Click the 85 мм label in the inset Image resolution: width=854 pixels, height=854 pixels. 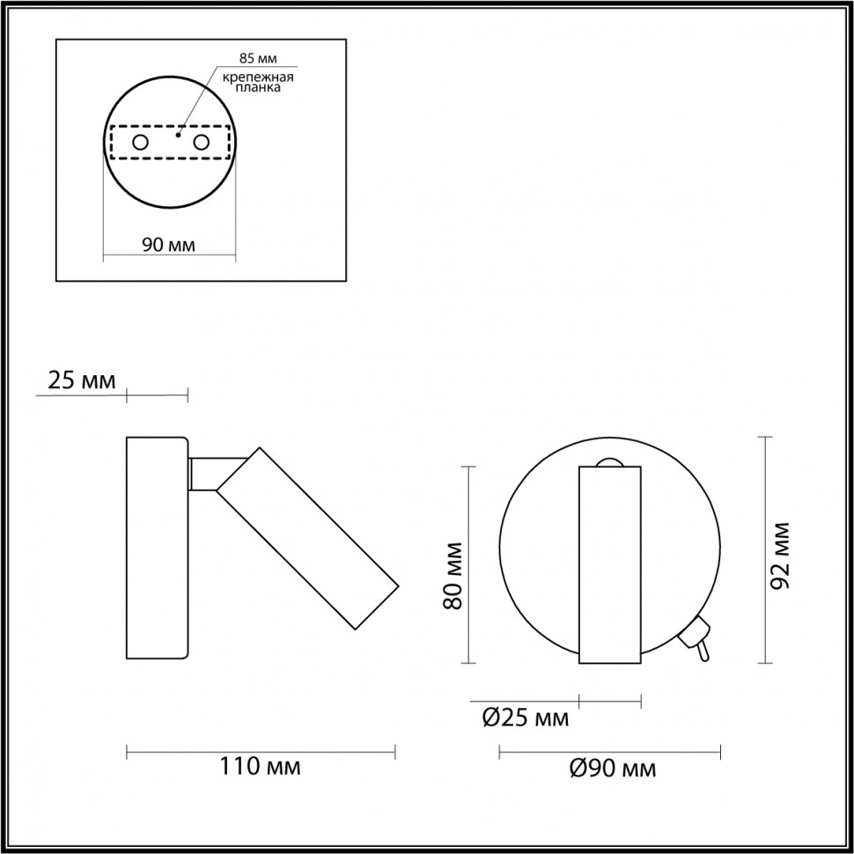pos(258,60)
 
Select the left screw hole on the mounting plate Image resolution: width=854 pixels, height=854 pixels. pos(140,142)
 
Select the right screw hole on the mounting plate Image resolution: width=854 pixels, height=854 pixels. pos(202,142)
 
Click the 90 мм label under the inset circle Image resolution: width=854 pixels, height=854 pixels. pos(168,244)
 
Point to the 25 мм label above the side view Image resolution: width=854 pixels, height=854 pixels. pos(80,381)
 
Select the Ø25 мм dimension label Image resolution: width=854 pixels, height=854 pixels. pos(526,718)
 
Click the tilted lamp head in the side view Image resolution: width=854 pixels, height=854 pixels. pos(308,539)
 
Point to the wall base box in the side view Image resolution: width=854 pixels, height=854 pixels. pos(158,547)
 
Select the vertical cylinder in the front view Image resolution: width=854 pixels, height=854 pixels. pos(609,563)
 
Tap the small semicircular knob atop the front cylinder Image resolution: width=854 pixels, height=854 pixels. pos(609,461)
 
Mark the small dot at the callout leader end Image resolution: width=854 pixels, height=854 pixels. pos(179,136)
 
